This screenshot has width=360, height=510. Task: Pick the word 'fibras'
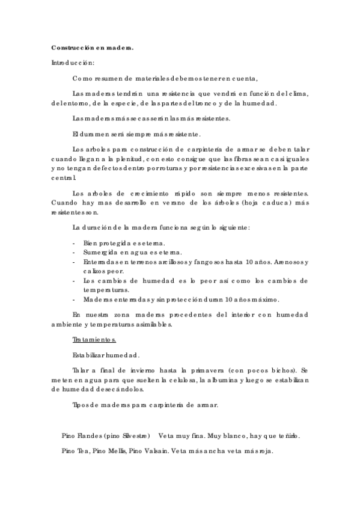tap(235, 159)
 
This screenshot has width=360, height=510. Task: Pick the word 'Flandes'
tap(87, 435)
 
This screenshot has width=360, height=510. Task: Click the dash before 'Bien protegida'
tap(73, 242)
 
